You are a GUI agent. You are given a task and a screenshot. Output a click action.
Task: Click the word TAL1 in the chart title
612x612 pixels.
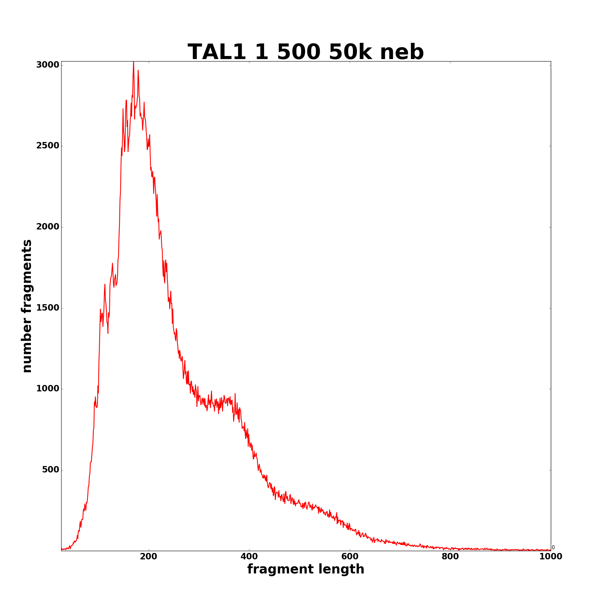(217, 52)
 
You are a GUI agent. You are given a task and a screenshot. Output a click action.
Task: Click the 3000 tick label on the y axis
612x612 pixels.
(47, 65)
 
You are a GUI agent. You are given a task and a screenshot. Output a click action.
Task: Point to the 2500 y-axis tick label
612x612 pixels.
(47, 146)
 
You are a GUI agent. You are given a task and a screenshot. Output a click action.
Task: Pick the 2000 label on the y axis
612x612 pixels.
(47, 227)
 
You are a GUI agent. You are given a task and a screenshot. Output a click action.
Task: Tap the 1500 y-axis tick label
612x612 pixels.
(47, 308)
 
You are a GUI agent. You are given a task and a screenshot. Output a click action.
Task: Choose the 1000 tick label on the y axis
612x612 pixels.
(47, 389)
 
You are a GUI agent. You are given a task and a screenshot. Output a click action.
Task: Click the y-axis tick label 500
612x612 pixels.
(51, 470)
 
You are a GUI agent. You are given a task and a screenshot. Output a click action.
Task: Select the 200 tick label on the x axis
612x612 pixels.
(149, 557)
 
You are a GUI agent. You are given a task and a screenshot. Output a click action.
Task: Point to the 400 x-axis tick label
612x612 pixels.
(249, 557)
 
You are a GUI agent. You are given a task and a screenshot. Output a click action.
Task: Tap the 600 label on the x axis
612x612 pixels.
(350, 557)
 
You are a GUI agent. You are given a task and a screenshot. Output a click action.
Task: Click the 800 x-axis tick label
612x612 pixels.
(450, 557)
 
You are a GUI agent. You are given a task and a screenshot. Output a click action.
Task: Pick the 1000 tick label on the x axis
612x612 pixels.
(550, 557)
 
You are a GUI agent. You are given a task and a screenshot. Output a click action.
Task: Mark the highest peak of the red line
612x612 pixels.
(133, 62)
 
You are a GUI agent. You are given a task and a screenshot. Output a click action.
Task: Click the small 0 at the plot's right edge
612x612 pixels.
(553, 548)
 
